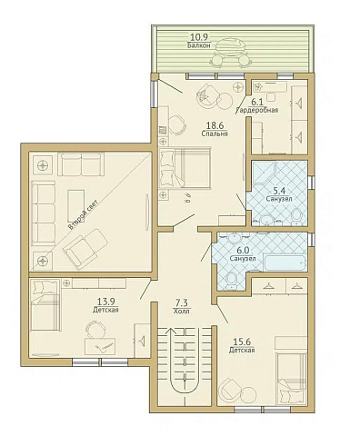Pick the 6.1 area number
click(257, 102)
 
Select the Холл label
click(182, 309)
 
